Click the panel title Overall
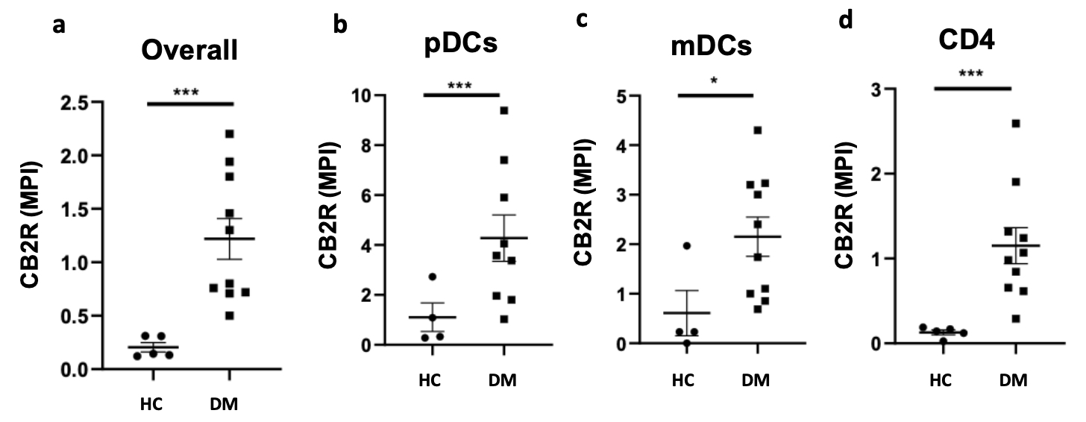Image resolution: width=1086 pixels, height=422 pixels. point(190,51)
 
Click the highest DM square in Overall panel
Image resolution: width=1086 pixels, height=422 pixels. point(230,134)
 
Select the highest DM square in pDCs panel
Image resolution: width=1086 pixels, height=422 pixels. point(504,110)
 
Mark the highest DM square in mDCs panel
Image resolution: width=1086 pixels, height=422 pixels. point(757,130)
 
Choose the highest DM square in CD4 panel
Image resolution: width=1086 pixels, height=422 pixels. point(1016,124)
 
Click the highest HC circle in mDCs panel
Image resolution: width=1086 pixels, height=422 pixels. point(687,246)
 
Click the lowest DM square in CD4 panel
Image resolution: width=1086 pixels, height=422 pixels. point(1015,319)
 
